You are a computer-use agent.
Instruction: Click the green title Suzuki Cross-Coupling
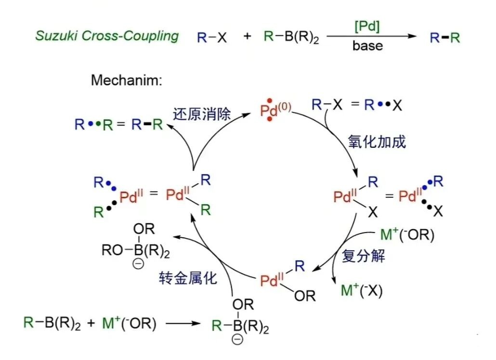(106, 36)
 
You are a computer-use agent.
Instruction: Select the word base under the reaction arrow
(367, 47)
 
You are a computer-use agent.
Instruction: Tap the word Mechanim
(126, 80)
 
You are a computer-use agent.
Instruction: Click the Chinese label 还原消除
(202, 114)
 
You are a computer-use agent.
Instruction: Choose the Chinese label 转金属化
(188, 278)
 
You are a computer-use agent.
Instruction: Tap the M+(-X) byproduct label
(362, 291)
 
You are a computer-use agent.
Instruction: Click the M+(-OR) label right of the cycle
(407, 236)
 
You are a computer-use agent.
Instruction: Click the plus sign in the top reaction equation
(247, 37)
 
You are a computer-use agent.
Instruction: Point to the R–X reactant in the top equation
(211, 37)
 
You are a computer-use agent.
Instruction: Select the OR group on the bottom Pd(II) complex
(305, 296)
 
